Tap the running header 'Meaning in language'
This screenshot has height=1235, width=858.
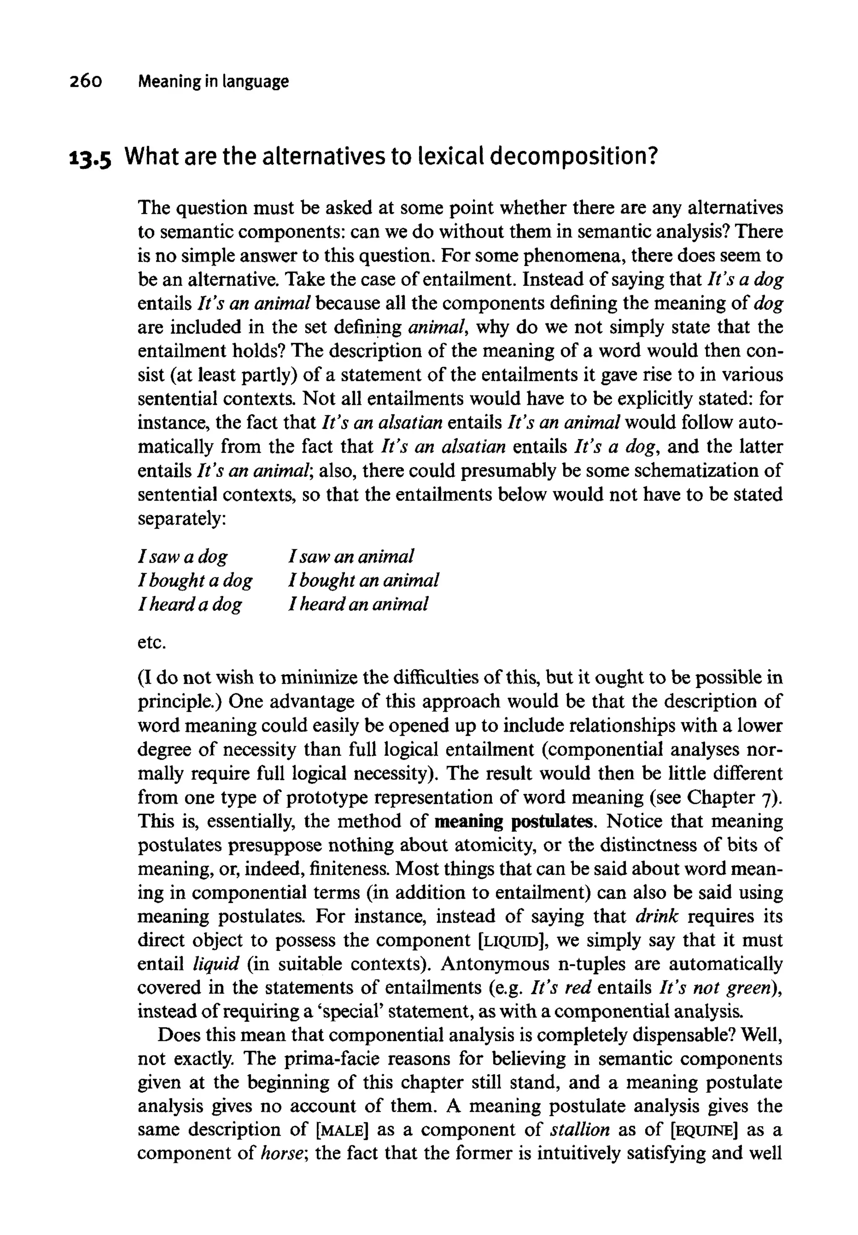point(213,82)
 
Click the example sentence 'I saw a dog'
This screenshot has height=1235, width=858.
point(183,556)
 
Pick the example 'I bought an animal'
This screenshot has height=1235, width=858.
point(363,580)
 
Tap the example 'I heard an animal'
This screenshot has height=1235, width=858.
point(358,605)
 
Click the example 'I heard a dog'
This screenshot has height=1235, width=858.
point(190,605)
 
